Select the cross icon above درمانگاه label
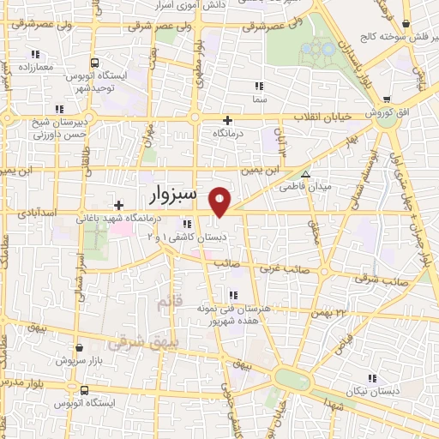coord(227,120)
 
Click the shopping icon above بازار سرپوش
coord(79,348)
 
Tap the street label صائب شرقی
coord(382,281)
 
